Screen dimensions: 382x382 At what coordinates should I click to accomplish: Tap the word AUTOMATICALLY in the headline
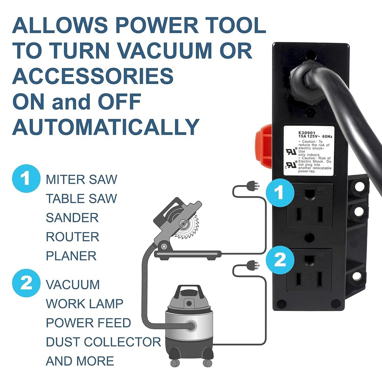coord(106,127)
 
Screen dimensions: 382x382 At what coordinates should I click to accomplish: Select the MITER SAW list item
coord(81,180)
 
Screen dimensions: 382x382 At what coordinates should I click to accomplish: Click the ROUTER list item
coord(73,237)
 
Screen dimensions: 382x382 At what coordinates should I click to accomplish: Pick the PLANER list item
coord(71,256)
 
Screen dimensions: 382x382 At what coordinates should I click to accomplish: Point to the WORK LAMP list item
coord(84,304)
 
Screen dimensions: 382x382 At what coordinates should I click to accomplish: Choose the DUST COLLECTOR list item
coord(103,342)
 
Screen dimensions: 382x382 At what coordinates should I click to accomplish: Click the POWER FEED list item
coord(88,323)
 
